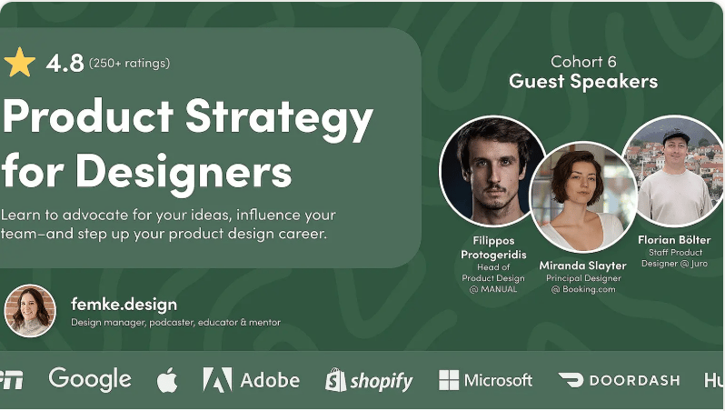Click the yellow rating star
19,63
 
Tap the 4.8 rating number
65,63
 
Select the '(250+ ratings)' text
129,63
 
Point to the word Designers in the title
184,171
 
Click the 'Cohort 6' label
583,62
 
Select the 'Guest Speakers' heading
583,82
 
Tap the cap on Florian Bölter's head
676,136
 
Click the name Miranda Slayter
582,266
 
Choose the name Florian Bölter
675,240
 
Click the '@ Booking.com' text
583,289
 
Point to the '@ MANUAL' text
493,289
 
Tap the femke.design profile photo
30,310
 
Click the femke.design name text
124,304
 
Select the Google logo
90,379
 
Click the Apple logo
167,380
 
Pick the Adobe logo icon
217,380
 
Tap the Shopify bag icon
335,380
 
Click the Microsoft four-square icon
449,380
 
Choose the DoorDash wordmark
635,380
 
